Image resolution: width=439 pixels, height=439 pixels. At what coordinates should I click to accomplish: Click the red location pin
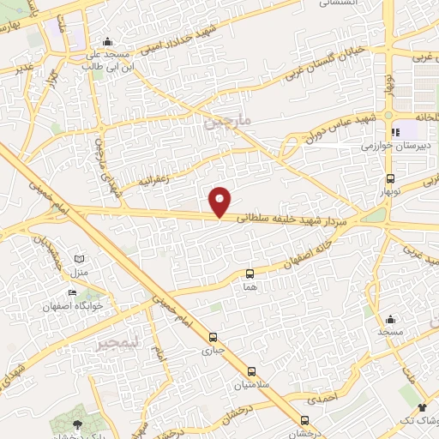pyautogui.click(x=220, y=201)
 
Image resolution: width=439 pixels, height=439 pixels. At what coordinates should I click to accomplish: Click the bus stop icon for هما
pyautogui.click(x=250, y=274)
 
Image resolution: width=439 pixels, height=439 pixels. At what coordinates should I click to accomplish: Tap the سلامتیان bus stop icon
pyautogui.click(x=251, y=372)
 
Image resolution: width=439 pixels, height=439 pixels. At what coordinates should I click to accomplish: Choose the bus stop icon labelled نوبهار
pyautogui.click(x=391, y=179)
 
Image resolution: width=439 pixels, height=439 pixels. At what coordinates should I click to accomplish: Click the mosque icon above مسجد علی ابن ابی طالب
pyautogui.click(x=107, y=42)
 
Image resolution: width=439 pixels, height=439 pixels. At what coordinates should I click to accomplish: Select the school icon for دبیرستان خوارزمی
pyautogui.click(x=395, y=132)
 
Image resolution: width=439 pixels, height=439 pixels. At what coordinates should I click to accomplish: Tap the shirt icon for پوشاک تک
pyautogui.click(x=421, y=408)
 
